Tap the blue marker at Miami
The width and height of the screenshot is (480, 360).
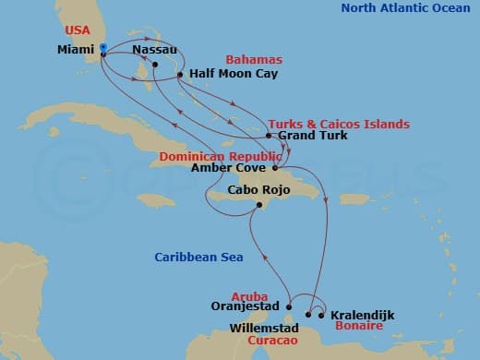102,47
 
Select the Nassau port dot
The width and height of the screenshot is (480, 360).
155,65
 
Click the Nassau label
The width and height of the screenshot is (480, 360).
155,48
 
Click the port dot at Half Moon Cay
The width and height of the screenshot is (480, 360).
180,75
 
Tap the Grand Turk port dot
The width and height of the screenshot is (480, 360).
269,137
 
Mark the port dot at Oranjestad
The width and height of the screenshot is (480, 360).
289,307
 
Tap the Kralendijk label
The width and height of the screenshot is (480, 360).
362,315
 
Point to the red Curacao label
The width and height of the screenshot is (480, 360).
271,339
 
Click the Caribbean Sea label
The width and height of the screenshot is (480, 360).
198,258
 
